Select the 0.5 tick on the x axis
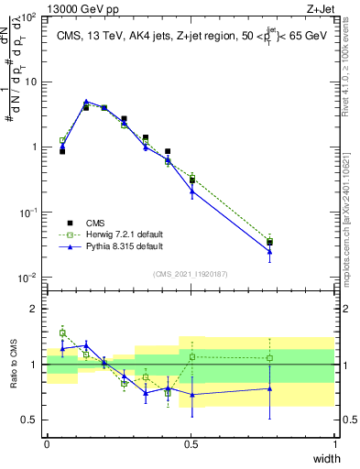pyautogui.click(x=191, y=443)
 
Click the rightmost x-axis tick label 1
pyautogui.click(x=335, y=443)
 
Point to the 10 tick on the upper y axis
pyautogui.click(x=30, y=82)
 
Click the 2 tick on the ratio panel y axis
pyautogui.click(x=35, y=309)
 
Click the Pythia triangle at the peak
pyautogui.click(x=86, y=102)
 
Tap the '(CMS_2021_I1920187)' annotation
pyautogui.click(x=191, y=273)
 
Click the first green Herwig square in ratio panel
pyautogui.click(x=62, y=333)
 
